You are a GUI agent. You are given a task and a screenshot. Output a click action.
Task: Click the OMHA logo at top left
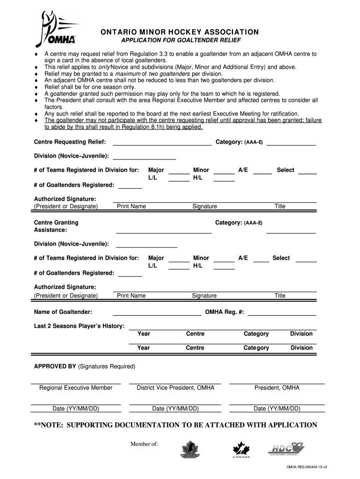[58, 29]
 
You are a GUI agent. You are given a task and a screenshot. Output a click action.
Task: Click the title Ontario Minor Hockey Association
[180, 32]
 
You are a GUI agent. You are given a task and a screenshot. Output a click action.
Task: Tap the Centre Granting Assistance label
[56, 226]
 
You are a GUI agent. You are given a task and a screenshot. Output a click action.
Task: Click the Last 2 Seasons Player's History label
[79, 326]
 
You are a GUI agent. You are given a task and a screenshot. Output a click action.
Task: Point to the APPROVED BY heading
[55, 366]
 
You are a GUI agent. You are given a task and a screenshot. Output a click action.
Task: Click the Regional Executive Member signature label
[76, 388]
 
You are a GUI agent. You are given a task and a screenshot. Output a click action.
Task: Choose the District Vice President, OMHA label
[175, 388]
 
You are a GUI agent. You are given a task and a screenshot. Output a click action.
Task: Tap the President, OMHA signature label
[277, 388]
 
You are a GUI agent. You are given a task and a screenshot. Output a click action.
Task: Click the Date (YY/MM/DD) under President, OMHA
[277, 408]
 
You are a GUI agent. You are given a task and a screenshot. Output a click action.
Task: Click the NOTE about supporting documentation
[175, 425]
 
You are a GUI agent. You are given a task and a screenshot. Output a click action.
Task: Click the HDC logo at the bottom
[286, 450]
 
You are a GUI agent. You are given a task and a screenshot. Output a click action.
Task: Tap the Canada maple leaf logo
[241, 450]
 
